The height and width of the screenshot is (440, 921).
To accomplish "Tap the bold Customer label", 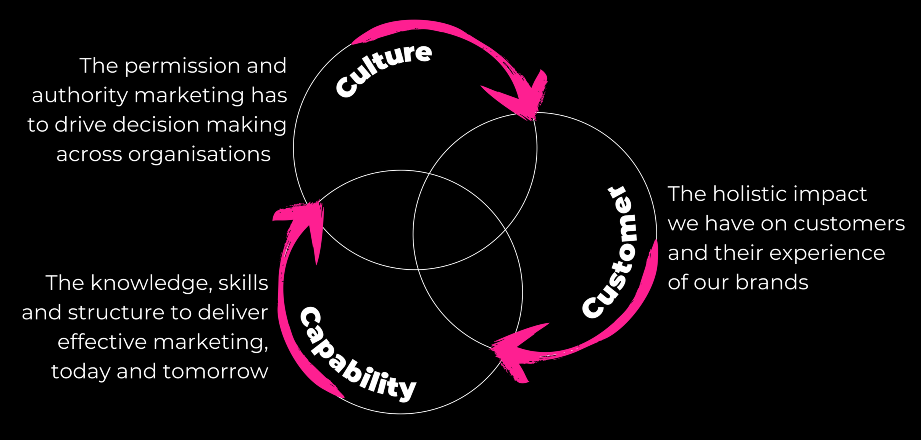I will click(x=611, y=252).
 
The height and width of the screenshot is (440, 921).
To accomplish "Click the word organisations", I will click(x=199, y=154).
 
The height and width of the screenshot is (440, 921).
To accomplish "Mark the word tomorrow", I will click(x=216, y=371).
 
